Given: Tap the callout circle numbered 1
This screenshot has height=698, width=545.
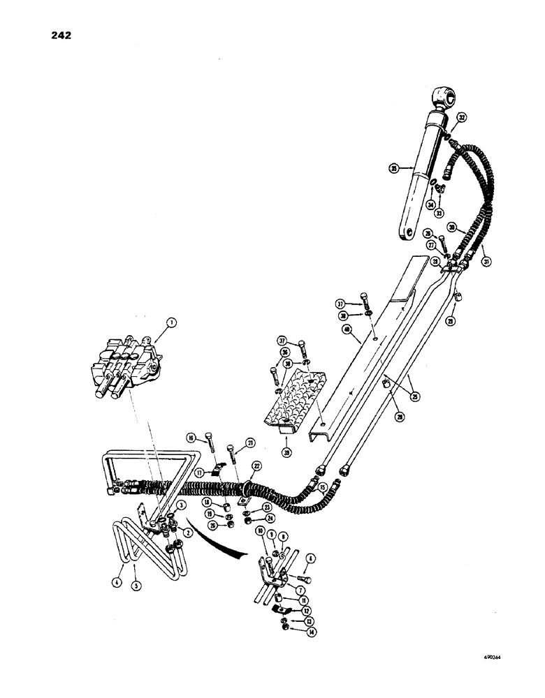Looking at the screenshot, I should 170,322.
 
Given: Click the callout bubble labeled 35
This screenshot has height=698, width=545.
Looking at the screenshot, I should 395,168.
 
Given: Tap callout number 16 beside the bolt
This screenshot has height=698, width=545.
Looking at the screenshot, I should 191,438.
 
